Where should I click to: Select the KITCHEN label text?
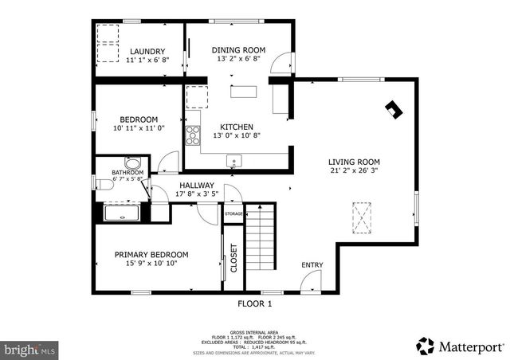click(x=237, y=127)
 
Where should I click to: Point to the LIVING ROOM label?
click(x=355, y=162)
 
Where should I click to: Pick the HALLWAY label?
click(x=196, y=185)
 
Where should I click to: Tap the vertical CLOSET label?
click(x=234, y=258)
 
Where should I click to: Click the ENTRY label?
click(x=312, y=265)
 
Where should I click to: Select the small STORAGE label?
click(x=233, y=214)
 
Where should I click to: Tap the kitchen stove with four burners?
click(x=192, y=135)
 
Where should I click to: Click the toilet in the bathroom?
click(x=104, y=185)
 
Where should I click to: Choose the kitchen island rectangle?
click(x=245, y=91)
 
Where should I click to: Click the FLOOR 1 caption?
click(x=255, y=303)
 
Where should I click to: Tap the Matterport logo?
click(x=461, y=346)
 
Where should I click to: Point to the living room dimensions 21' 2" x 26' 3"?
click(x=355, y=170)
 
